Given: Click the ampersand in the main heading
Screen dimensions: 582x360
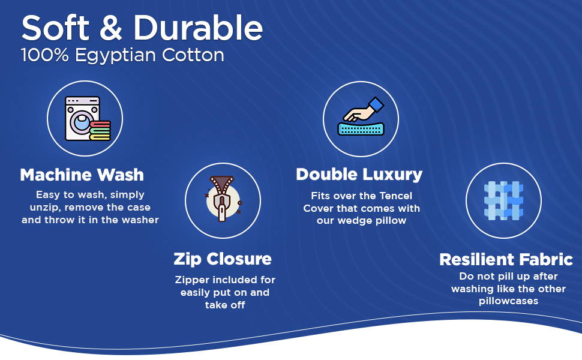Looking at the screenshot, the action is tap(111, 28).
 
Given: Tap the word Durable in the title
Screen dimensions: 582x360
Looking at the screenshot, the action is tap(198, 28).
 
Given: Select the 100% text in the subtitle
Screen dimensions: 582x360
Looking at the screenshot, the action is tap(45, 55).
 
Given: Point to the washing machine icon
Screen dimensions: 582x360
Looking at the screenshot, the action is tap(83, 118).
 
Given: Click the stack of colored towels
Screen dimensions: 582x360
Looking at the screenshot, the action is tap(100, 130).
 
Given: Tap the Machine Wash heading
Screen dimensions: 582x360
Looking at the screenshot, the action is tap(82, 175).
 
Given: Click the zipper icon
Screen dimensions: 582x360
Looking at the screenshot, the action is tap(222, 199).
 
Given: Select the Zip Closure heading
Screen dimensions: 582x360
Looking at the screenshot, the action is tap(223, 259).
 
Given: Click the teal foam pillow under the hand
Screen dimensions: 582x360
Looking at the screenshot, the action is tap(361, 128).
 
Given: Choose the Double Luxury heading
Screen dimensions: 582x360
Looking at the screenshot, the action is tap(359, 175).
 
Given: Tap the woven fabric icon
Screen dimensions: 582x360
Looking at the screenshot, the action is tap(503, 200).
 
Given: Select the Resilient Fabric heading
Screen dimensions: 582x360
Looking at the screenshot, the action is tap(506, 259).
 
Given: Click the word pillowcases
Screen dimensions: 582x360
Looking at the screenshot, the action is tap(509, 301).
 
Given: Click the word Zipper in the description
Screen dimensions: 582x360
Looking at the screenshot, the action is tap(192, 280).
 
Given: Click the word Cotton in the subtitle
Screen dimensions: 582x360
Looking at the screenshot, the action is tap(193, 55).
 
